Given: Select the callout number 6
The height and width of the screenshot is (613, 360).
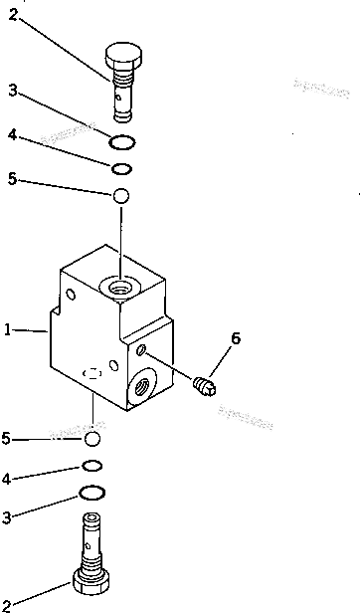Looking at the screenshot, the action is [235, 339].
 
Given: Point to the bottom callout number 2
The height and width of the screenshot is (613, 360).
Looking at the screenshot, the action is [8, 602].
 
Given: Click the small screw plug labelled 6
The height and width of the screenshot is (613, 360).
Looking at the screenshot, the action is [204, 383].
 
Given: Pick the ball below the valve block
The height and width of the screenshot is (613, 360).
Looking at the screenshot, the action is [93, 438].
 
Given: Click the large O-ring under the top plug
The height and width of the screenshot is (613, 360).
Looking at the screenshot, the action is [122, 140].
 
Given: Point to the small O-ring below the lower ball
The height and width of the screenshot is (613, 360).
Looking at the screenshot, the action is [92, 466].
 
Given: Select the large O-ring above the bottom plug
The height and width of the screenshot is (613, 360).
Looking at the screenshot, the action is [92, 493].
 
